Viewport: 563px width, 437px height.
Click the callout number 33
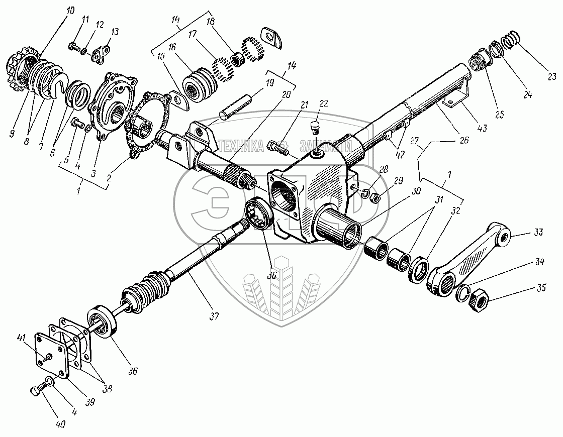[538, 232]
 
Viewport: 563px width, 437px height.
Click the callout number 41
[21, 337]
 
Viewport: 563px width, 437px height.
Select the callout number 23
[552, 77]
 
